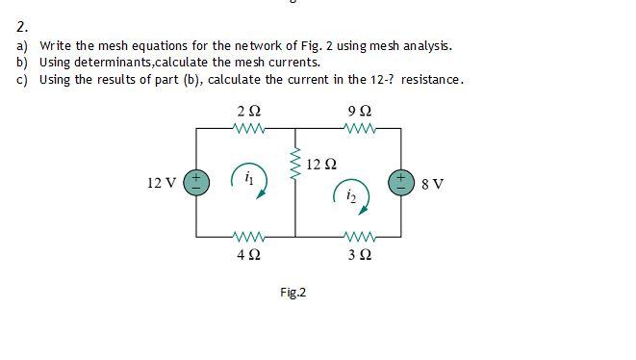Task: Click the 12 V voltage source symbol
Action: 196,182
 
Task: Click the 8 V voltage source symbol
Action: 401,182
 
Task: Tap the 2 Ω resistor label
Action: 247,113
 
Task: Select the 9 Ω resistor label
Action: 358,113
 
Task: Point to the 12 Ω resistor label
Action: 321,164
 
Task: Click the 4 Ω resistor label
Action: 247,255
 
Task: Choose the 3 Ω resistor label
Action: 358,255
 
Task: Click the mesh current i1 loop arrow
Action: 248,179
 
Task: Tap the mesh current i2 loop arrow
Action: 351,195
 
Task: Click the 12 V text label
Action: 161,183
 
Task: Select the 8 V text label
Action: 432,183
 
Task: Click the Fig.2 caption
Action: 293,292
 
